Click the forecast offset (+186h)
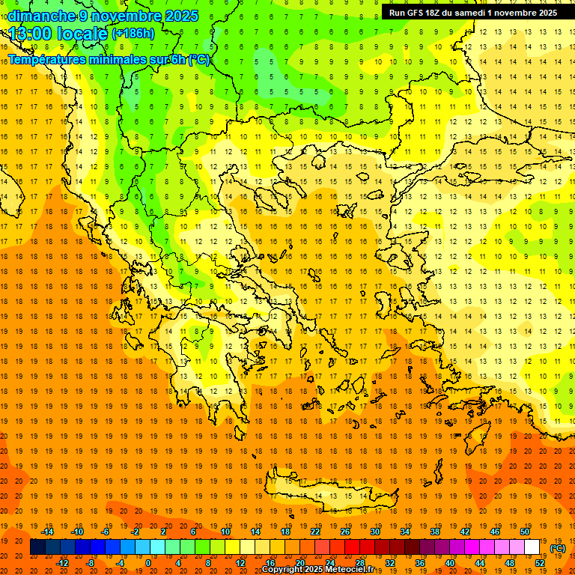click(x=134, y=34)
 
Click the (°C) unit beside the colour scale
click(x=558, y=548)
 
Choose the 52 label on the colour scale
click(x=540, y=563)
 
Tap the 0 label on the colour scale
click(x=147, y=563)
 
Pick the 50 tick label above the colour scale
click(x=525, y=532)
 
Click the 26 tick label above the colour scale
click(x=345, y=532)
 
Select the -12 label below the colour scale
click(x=63, y=563)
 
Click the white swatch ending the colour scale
click(x=532, y=547)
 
